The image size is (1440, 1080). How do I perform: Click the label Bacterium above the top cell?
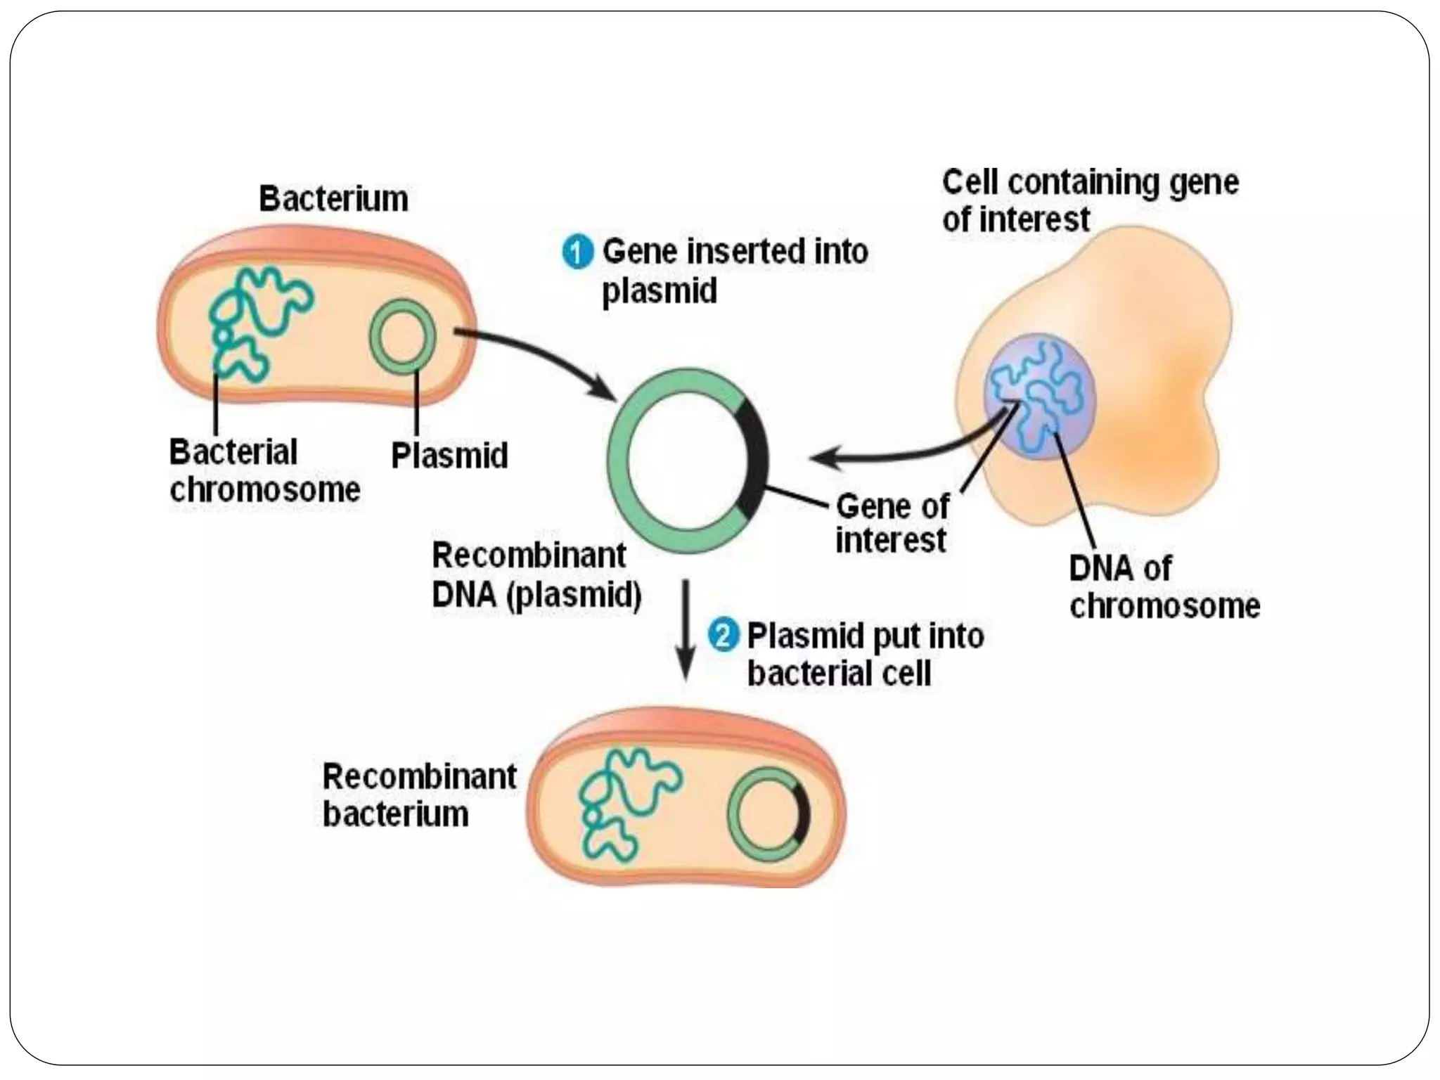333,199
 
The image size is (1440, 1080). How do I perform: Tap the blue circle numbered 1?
578,252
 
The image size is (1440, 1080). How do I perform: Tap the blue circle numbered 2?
723,636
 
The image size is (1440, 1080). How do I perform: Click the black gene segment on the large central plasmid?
754,457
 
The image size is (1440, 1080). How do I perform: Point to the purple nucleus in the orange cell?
1039,397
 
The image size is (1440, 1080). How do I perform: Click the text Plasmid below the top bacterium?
449,456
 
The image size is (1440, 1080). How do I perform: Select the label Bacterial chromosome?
264,470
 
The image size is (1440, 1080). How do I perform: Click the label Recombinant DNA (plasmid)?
536,575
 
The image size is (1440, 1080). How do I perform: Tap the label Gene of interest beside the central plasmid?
892,524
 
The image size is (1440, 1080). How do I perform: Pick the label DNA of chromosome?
1164,587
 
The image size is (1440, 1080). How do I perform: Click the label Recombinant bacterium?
419,795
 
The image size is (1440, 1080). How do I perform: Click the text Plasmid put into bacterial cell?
865,655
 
